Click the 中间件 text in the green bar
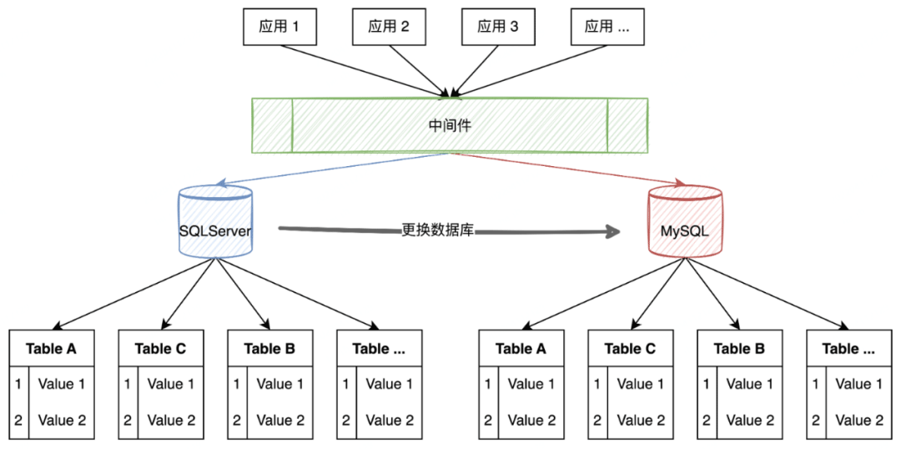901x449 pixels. point(450,125)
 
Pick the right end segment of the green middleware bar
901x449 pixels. point(627,125)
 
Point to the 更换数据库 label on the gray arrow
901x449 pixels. point(438,230)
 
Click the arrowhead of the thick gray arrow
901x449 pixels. point(616,232)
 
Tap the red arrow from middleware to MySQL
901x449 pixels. point(567,168)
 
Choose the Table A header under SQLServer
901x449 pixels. point(51,348)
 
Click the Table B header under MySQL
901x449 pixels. point(739,348)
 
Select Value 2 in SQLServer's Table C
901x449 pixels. point(171,421)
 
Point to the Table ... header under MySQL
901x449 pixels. point(848,348)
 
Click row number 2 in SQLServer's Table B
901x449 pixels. point(237,421)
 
